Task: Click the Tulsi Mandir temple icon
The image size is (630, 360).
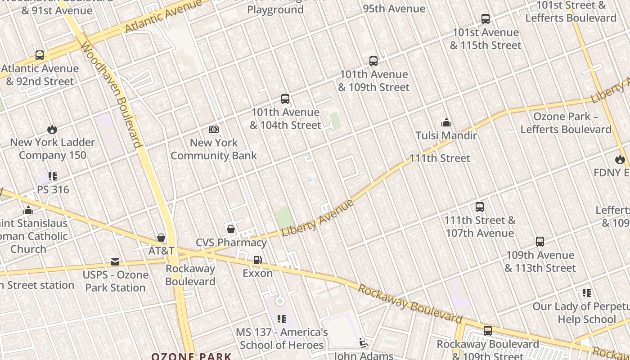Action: [446, 122]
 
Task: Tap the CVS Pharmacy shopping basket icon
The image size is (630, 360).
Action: [231, 229]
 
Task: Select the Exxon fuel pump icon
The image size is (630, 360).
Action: [257, 260]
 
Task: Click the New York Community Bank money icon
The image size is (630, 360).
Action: [214, 130]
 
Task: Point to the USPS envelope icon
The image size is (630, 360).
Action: [115, 262]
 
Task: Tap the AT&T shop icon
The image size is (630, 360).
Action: [161, 237]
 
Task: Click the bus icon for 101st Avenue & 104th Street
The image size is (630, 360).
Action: [285, 99]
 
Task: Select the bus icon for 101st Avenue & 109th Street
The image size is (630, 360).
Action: [373, 61]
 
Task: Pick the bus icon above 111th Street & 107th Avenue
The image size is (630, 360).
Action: [480, 207]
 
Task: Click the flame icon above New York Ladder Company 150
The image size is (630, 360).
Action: [52, 130]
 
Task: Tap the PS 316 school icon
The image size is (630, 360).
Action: [53, 176]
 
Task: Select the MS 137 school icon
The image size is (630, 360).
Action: [282, 319]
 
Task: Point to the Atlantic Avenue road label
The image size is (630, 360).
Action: [163, 17]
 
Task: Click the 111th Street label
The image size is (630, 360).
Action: [440, 158]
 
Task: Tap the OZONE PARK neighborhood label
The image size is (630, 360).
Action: [191, 356]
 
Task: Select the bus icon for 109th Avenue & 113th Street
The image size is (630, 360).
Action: [540, 242]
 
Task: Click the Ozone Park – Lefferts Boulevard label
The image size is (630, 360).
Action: [566, 123]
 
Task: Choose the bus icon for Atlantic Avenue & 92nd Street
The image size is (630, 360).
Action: [40, 55]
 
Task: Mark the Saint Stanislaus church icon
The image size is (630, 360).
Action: [28, 210]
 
